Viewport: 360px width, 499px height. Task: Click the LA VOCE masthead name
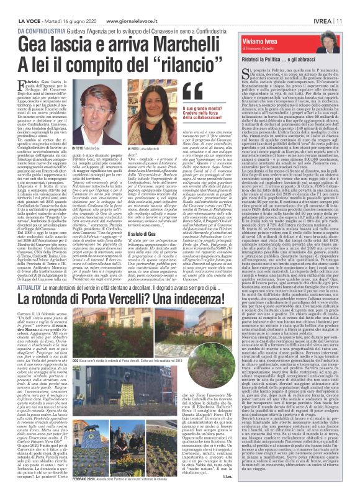point(28,6)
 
